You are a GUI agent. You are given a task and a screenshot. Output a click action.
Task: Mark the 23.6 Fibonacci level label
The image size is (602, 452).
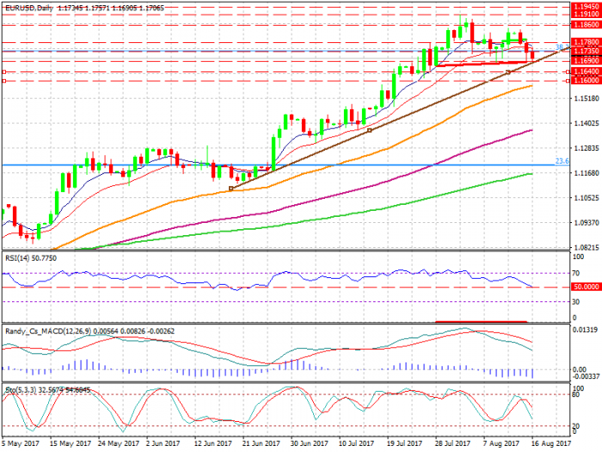(562, 160)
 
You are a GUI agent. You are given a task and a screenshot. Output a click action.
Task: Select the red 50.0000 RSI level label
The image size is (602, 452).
(584, 287)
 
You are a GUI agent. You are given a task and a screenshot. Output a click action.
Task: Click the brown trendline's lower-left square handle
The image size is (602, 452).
(232, 189)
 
